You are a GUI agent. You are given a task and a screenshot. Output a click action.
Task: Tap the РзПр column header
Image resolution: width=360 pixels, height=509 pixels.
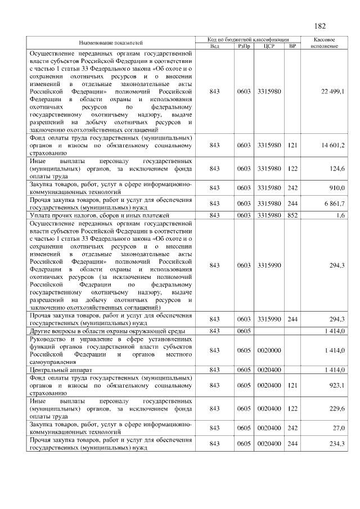point(244,46)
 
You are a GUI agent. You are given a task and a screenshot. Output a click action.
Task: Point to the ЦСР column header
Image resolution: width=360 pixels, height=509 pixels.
point(268,46)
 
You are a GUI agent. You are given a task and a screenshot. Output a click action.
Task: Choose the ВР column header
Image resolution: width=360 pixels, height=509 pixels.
point(291,46)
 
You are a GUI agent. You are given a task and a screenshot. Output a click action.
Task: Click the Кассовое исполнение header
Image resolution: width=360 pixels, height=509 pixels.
point(324,42)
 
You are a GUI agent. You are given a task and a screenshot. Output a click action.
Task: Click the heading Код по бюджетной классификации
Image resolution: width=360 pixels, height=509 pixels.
point(249,39)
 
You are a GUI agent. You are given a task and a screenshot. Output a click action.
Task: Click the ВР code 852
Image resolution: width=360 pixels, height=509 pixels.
point(292,215)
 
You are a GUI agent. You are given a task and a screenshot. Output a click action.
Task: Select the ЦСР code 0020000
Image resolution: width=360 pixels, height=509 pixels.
point(268,351)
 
